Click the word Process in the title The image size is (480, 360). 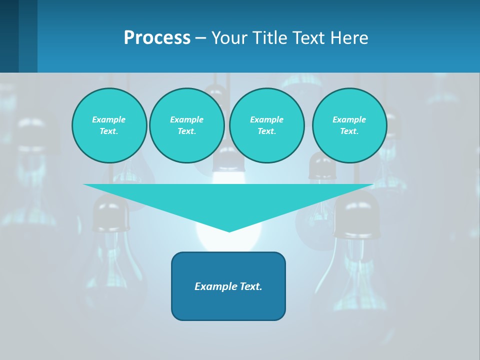tap(157, 38)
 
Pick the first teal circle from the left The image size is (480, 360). tap(109, 125)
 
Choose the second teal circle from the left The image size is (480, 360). tap(187, 125)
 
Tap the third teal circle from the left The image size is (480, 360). tap(266, 125)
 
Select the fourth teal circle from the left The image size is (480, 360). tap(349, 125)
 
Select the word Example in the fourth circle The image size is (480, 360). tap(349, 119)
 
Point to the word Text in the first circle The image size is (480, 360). tap(108, 131)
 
